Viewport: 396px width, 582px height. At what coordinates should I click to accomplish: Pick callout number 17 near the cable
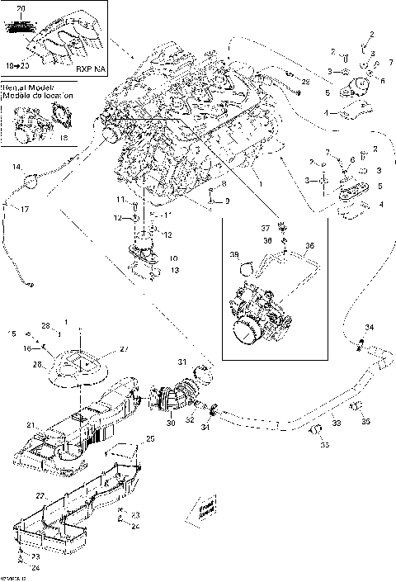click(x=24, y=209)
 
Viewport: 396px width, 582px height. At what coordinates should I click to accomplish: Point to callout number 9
click(x=227, y=201)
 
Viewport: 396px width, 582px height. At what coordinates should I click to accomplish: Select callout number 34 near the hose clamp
click(x=369, y=328)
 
